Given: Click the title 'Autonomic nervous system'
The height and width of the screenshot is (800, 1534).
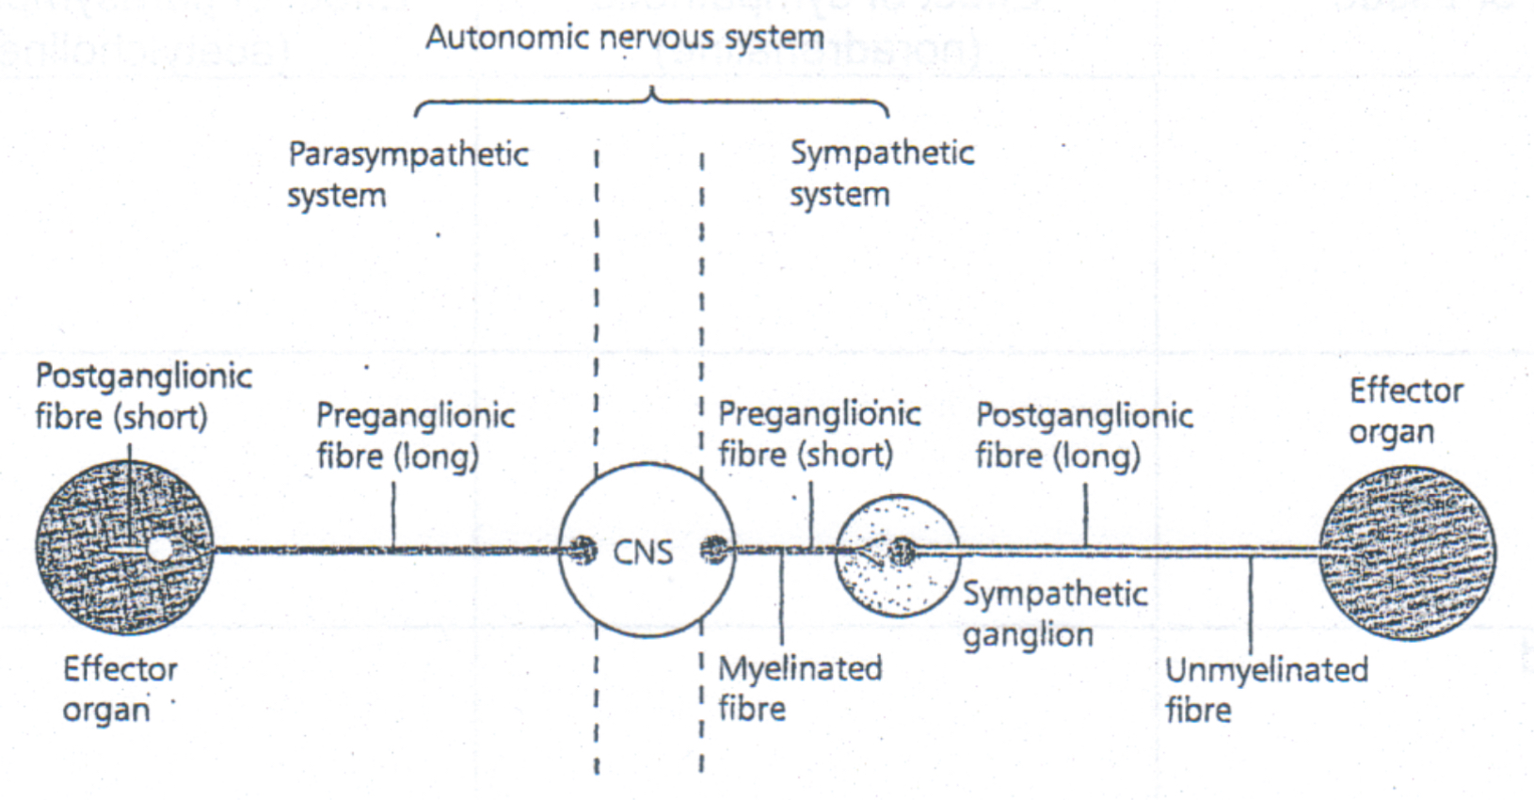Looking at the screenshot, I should (625, 38).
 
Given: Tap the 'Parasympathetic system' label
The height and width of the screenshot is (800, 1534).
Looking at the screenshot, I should (407, 174).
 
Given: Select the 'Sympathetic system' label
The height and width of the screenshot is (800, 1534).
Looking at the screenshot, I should (881, 173).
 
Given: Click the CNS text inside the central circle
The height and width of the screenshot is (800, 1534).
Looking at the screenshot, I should (643, 552).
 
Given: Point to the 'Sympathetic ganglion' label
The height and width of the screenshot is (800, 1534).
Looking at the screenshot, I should (1054, 614).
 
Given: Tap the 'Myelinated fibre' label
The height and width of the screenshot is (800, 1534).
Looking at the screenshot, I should (800, 688).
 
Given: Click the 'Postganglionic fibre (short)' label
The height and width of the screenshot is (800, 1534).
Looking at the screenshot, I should (143, 396).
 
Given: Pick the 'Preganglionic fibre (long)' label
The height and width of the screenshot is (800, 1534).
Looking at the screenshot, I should (415, 435).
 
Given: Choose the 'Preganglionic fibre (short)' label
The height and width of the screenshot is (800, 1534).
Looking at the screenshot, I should (819, 434).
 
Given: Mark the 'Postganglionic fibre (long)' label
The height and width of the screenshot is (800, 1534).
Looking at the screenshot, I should (1084, 435).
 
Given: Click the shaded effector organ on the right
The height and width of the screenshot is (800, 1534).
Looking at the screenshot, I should (1406, 553).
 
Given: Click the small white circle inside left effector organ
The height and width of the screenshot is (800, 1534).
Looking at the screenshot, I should (161, 548).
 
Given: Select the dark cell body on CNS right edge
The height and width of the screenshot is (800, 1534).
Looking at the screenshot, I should (715, 549).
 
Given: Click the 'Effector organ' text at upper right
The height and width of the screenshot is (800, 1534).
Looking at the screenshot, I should (1405, 410).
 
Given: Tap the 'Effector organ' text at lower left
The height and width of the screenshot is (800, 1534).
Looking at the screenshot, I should (120, 689).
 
